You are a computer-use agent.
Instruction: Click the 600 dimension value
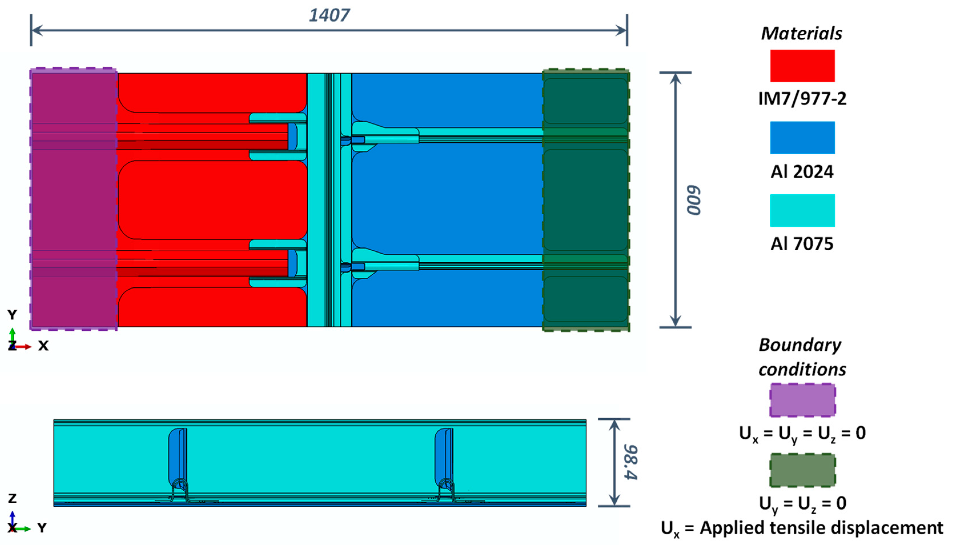[693, 200]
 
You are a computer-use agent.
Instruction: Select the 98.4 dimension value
[631, 462]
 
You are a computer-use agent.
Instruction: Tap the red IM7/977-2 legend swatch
[802, 66]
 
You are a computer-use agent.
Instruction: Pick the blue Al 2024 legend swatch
[802, 137]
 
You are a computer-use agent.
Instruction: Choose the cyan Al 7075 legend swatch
[802, 210]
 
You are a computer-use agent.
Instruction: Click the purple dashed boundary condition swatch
[802, 400]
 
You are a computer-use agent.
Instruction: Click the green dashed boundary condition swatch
[802, 470]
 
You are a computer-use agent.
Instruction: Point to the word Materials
[801, 34]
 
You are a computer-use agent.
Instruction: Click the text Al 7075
[802, 244]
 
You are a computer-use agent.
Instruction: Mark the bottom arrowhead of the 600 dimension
[675, 322]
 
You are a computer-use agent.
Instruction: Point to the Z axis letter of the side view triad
[12, 498]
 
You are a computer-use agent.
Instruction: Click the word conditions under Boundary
[802, 370]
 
